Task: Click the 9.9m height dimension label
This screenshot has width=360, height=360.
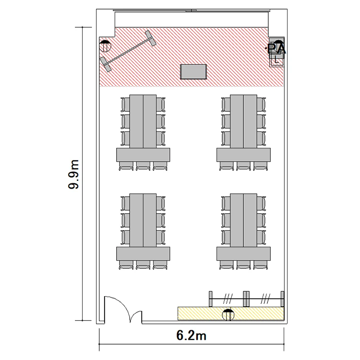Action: pos(74,174)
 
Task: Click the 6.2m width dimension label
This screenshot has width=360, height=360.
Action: pos(191,336)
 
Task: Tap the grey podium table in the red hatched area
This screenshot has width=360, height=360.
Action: pos(193,72)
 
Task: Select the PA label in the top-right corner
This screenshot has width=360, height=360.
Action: pos(276,48)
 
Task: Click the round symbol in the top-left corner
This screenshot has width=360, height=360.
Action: pos(105,46)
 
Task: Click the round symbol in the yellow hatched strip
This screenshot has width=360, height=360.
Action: pos(228,315)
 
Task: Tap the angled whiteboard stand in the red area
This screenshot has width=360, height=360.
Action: pos(128,51)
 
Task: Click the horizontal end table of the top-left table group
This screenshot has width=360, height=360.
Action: pos(143,155)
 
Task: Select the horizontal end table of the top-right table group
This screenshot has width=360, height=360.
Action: pos(243,155)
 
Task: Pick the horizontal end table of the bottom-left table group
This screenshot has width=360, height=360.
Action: pos(143,253)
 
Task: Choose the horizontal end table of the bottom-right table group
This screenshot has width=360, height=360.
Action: pos(243,253)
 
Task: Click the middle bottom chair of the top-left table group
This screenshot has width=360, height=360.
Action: pos(143,166)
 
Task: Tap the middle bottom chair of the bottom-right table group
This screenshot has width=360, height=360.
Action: pos(243,265)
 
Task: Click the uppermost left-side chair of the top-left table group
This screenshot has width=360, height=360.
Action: pos(125,105)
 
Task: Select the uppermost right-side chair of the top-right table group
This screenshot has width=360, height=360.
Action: pos(261,105)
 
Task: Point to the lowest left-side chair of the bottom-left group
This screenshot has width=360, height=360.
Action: pos(125,238)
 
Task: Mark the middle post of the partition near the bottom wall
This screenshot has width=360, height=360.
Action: pos(246,299)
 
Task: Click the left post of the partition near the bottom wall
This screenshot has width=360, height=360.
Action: pos(211,299)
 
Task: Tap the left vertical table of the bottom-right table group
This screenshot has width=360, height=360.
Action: pos(237,220)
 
